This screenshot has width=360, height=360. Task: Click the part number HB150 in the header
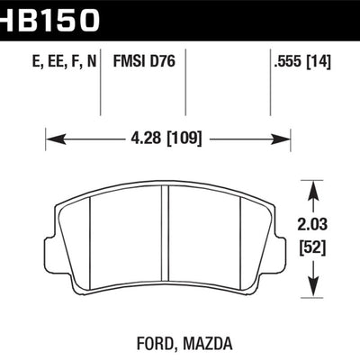49,19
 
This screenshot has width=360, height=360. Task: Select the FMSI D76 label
144,61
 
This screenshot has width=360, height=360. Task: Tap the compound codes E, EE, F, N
64,62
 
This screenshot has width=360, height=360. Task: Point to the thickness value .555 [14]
302,62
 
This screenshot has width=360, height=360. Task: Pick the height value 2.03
312,224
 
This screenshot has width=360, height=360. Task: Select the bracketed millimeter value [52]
312,248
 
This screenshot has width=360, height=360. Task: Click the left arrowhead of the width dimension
56,139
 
